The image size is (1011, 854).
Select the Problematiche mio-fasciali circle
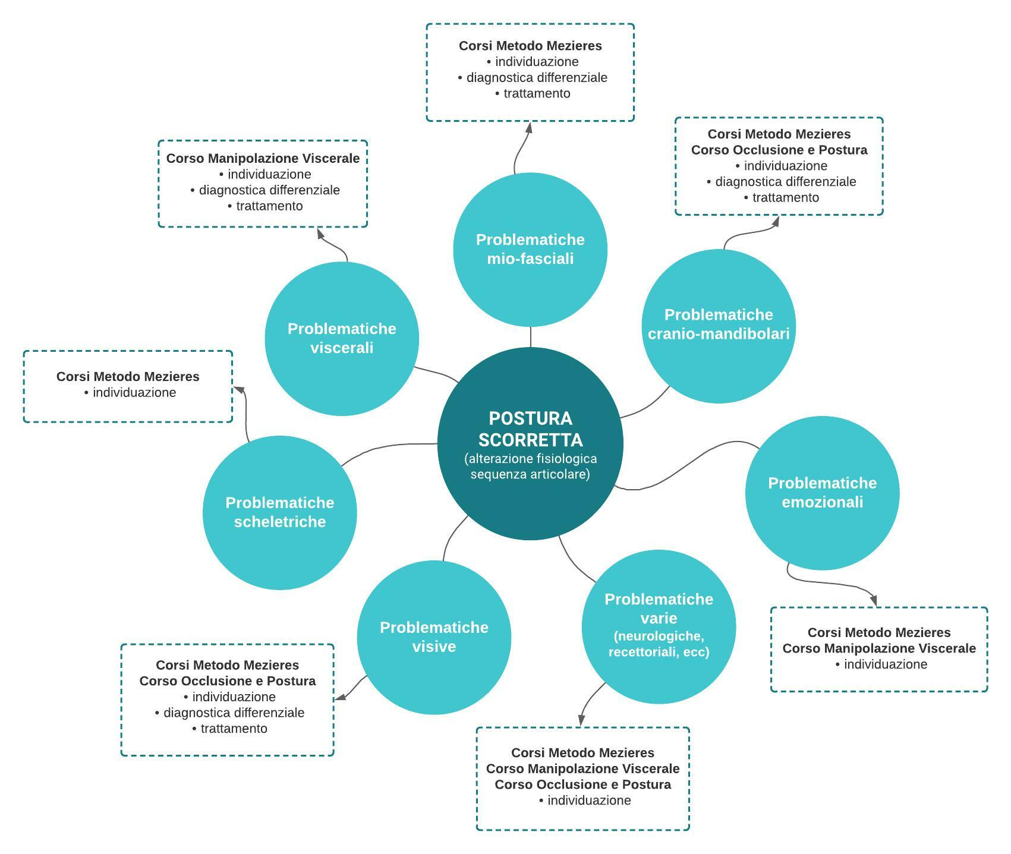530,249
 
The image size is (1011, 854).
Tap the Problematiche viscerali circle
342,338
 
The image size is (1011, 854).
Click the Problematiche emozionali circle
822,493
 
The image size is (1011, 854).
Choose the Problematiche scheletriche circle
279,512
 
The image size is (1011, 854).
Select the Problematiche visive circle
434,637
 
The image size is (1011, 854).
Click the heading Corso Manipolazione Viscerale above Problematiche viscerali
263,159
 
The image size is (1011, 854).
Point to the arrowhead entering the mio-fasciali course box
529,126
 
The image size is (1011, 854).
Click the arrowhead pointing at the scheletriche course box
238,389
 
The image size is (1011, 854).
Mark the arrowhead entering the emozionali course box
874,601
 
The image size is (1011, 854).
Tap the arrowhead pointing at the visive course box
339,698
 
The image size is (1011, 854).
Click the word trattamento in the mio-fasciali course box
537,93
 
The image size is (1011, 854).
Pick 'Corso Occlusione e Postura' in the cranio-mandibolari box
779,150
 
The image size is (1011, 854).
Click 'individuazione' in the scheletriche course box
134,393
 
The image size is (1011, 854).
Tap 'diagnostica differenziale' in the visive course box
234,713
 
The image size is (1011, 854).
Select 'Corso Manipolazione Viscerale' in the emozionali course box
878,648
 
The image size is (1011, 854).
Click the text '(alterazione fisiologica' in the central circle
530,459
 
